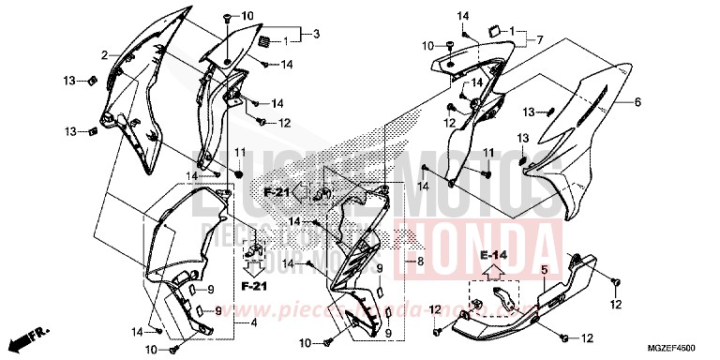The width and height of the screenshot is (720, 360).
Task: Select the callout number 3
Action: tap(317, 35)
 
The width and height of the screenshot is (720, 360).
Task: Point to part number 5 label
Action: tap(543, 269)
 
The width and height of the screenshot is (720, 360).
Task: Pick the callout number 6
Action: tap(637, 102)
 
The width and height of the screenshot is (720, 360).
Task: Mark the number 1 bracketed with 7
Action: tap(514, 31)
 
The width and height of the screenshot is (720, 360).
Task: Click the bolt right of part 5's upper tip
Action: tap(615, 282)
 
